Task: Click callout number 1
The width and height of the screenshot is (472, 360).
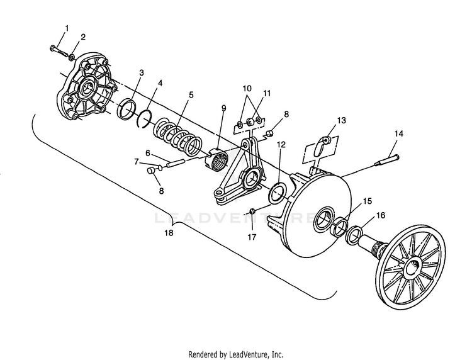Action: point(67,28)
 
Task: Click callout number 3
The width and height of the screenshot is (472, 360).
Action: point(142,73)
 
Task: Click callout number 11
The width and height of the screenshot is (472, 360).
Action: point(267,93)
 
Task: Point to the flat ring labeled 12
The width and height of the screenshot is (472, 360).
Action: point(276,194)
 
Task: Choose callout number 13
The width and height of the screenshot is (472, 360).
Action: point(341,120)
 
